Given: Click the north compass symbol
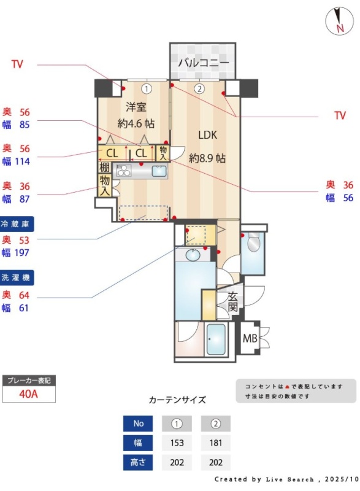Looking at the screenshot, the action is tap(339, 21).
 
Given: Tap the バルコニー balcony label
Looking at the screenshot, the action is tap(203, 63).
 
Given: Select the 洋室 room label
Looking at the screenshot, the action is tap(136, 107).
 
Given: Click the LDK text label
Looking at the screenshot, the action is tap(207, 135).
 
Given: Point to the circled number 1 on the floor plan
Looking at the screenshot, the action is tap(146, 89).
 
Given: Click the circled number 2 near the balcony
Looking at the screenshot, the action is tap(199, 89).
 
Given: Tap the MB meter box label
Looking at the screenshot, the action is tap(250, 338).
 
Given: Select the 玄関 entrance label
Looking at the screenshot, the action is tap(232, 301).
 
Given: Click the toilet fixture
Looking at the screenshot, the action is tap(253, 242).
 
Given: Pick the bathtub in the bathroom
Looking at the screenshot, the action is tap(216, 339).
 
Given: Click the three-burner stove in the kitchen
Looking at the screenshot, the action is tap(123, 171).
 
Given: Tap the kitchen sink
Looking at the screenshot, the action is tap(159, 171).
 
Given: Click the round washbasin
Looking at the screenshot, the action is tap(193, 255).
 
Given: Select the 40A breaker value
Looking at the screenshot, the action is tap(28, 393).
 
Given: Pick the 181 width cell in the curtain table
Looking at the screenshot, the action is tap(215, 443).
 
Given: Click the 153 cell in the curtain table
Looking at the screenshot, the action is tap(177, 443).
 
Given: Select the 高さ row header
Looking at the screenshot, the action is tap(138, 462).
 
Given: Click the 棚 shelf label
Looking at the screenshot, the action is tap(104, 167).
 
